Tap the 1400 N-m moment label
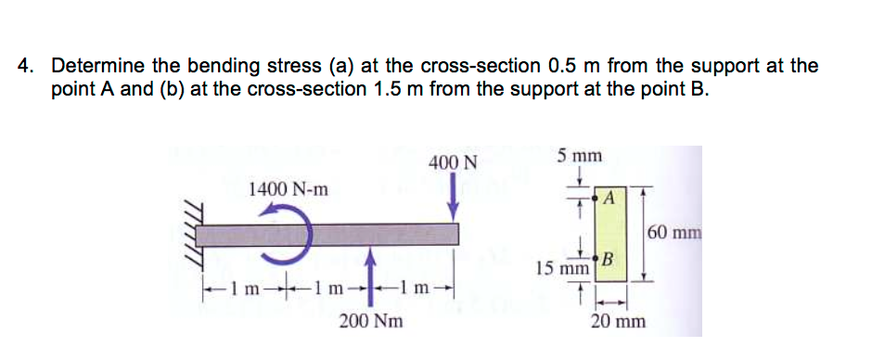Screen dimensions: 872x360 click(x=289, y=189)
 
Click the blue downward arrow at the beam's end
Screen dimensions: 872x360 click(x=454, y=198)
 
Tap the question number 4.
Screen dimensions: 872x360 click(x=27, y=67)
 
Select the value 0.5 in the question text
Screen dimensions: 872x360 click(x=563, y=67)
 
